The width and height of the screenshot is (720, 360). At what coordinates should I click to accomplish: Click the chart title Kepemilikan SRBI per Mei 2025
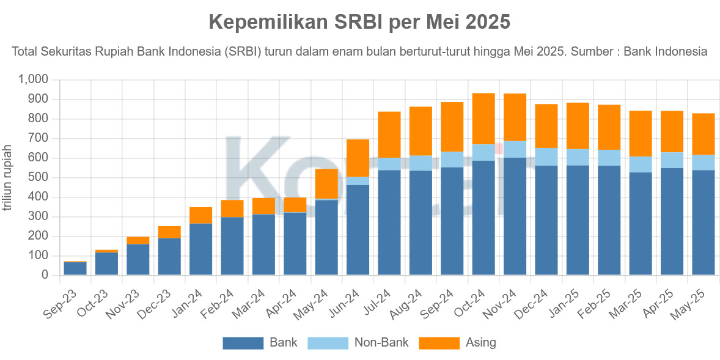pos(359,22)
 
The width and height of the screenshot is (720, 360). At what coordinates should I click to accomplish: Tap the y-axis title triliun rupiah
pos(8,178)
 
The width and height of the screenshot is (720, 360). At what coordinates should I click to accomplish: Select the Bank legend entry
pos(260,343)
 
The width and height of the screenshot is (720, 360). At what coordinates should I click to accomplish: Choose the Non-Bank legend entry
pos(361,343)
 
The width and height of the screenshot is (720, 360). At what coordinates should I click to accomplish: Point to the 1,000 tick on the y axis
pos(33,79)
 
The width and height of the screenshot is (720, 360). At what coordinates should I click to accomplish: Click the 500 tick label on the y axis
pos(37,177)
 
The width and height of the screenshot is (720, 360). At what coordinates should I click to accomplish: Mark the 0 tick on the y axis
pos(45,275)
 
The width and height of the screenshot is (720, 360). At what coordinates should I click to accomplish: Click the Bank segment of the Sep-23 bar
pos(75,268)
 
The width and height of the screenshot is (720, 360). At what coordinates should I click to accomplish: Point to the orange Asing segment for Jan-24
pos(201,215)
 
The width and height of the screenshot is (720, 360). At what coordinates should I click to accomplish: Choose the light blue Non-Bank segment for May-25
pos(703,162)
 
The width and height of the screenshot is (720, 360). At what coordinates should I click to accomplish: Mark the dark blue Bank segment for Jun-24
pos(358,230)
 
